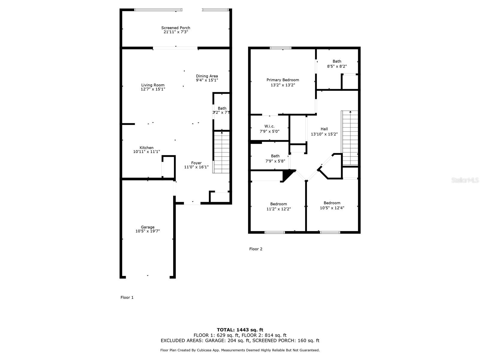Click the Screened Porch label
175,28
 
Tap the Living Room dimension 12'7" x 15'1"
153,89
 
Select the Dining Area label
207,76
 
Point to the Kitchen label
146,148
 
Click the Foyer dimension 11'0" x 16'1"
196,167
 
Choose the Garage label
148,227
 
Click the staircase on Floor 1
221,152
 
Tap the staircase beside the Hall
350,138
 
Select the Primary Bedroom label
283,80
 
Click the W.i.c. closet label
269,126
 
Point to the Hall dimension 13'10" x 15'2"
324,134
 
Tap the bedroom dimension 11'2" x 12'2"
279,209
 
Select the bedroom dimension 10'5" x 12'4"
332,208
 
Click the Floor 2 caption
256,249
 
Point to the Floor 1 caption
127,298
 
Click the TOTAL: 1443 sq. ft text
240,330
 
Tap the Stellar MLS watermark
465,180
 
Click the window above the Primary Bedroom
280,48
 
